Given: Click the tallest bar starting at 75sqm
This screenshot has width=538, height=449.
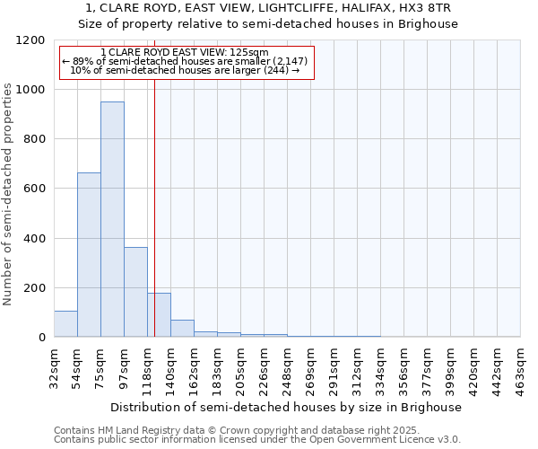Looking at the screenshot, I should [x=112, y=219].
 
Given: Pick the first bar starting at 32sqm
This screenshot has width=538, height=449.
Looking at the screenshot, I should [x=65, y=323].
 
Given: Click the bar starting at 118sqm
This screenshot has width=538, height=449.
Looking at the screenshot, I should [x=159, y=314].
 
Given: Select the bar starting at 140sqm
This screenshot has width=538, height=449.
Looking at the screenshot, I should [x=182, y=328].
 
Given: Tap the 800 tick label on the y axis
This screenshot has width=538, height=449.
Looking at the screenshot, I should [x=34, y=139].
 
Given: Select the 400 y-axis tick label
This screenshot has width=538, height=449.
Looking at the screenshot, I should [x=34, y=239].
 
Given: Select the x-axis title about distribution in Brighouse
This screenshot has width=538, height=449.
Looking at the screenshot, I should [x=287, y=407].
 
